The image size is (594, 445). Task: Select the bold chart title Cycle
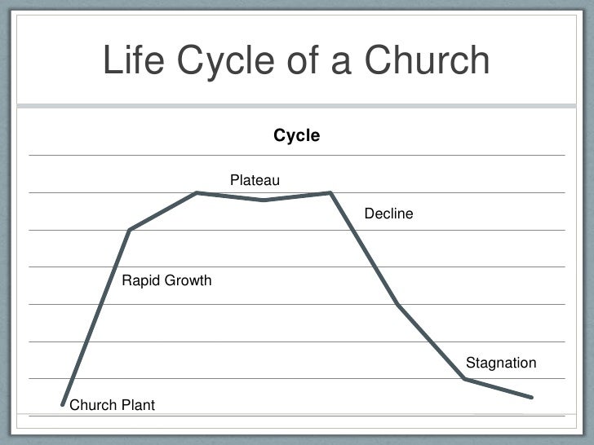[x=296, y=136]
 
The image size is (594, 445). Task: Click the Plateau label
[x=255, y=179]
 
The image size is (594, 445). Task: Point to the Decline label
[x=388, y=214]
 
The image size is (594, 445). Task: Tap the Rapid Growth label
[x=166, y=281]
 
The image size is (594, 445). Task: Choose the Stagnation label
[x=500, y=363]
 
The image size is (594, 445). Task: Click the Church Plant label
[x=113, y=405]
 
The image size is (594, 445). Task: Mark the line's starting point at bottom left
[x=63, y=404]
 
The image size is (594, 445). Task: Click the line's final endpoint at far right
[x=531, y=398]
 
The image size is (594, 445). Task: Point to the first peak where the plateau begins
[x=197, y=193]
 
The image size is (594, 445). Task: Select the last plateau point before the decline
[x=330, y=193]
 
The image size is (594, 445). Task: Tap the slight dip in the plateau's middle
[x=264, y=200]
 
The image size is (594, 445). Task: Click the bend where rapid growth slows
[x=130, y=230]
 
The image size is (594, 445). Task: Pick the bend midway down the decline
[x=397, y=304]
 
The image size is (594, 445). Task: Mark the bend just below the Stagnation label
[x=464, y=379]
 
